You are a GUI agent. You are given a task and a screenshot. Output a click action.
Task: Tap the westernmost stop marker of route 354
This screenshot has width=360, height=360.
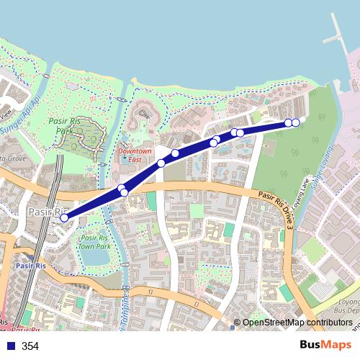point(64,217)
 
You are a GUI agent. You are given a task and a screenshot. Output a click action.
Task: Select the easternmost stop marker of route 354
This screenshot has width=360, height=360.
point(295,123)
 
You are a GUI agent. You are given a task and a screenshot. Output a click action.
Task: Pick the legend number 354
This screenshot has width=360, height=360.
point(30,346)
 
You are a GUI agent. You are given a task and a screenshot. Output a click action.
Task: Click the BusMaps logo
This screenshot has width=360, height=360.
point(325,346)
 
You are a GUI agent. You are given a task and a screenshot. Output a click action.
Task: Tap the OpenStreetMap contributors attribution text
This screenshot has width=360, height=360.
point(297,323)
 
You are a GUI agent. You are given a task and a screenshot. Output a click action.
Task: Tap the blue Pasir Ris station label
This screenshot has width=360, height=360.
point(30,266)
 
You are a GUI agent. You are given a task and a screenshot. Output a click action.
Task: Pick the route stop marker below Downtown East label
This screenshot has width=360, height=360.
point(161,163)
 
